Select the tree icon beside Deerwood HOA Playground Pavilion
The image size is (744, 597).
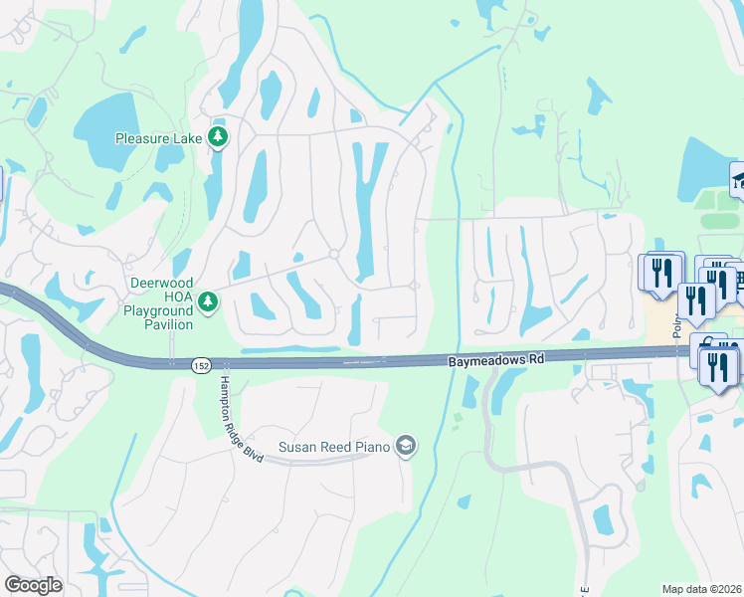click(207, 299)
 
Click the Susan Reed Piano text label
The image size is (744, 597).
click(333, 447)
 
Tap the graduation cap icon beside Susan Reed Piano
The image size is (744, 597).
click(405, 447)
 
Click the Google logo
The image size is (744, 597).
click(33, 585)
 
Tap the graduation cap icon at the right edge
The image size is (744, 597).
click(738, 179)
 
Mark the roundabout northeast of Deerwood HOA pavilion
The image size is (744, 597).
click(335, 255)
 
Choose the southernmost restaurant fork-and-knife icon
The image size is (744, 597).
click(718, 364)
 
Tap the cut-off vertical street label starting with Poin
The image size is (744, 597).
click(675, 321)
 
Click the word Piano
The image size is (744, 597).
click(372, 447)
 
